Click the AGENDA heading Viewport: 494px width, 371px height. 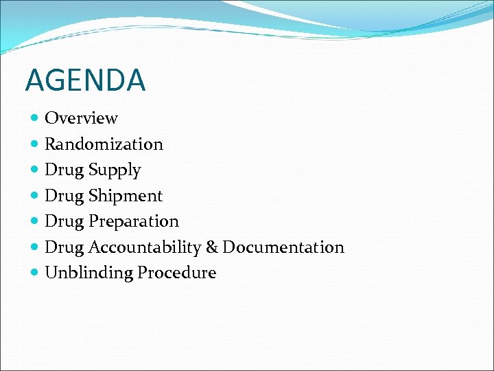[85, 80]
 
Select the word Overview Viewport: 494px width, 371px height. [81, 118]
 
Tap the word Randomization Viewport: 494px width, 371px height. [104, 144]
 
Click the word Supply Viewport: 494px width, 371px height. [115, 170]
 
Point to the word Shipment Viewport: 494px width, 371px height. [126, 196]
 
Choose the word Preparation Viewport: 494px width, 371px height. [133, 221]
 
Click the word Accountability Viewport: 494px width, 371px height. [150, 247]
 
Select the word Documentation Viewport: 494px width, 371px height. [283, 247]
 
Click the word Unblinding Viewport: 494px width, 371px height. [89, 273]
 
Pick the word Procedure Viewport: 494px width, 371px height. [176, 273]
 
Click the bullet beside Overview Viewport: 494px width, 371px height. [35, 119]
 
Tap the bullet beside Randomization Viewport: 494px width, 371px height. [35, 144]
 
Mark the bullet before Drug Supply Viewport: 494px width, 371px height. [35, 170]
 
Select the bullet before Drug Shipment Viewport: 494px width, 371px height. [35, 196]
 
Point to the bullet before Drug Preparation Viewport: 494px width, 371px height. [35, 221]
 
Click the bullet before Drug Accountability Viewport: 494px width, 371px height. [35, 247]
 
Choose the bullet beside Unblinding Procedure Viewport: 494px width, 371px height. [35, 273]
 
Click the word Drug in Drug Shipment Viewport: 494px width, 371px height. [64, 196]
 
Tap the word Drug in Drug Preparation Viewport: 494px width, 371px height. [64, 222]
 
